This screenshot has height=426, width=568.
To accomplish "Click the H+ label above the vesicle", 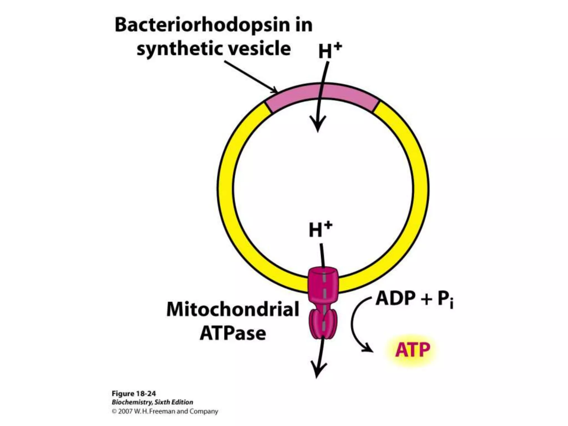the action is pos(329,51).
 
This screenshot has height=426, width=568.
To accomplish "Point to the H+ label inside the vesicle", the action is pos(320,230).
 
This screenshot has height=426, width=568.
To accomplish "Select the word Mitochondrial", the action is pos(233,309).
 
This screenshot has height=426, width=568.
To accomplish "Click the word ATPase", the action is pos(233,333).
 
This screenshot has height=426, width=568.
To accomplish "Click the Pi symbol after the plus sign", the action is pos(445,300).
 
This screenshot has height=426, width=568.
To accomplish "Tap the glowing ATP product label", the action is pos(412,350).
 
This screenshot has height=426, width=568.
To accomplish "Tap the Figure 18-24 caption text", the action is pos(134,394).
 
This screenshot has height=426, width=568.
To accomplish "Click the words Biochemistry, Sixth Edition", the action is pos(152,402).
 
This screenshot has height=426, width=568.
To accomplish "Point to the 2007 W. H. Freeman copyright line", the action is pos(165,411).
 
